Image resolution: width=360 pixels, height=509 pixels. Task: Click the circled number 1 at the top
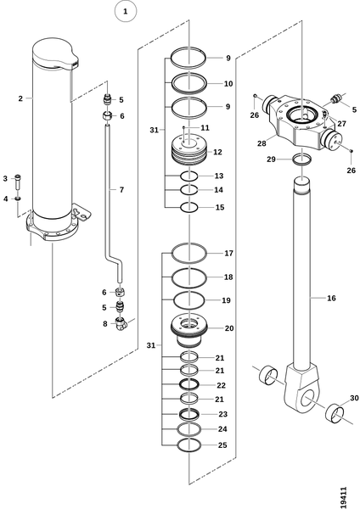coord(126,11)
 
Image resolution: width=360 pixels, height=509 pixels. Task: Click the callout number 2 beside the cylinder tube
coord(20,98)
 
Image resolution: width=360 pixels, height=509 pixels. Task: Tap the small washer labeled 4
coord(18,199)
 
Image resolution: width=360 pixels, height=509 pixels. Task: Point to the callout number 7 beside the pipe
coord(121,189)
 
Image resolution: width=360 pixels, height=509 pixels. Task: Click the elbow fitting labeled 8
coord(121,324)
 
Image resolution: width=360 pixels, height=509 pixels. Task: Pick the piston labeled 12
coord(188,151)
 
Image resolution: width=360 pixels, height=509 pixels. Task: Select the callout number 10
coord(228,83)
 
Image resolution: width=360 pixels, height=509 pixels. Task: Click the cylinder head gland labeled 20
coord(188,331)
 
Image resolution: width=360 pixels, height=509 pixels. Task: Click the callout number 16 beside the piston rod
coord(331,298)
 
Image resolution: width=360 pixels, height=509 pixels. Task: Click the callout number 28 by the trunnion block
coord(262,143)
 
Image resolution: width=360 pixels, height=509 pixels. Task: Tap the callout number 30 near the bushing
coord(354,398)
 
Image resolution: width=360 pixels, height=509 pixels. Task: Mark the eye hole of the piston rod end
coord(309,399)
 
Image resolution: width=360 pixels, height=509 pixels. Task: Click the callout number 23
coord(223,414)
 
